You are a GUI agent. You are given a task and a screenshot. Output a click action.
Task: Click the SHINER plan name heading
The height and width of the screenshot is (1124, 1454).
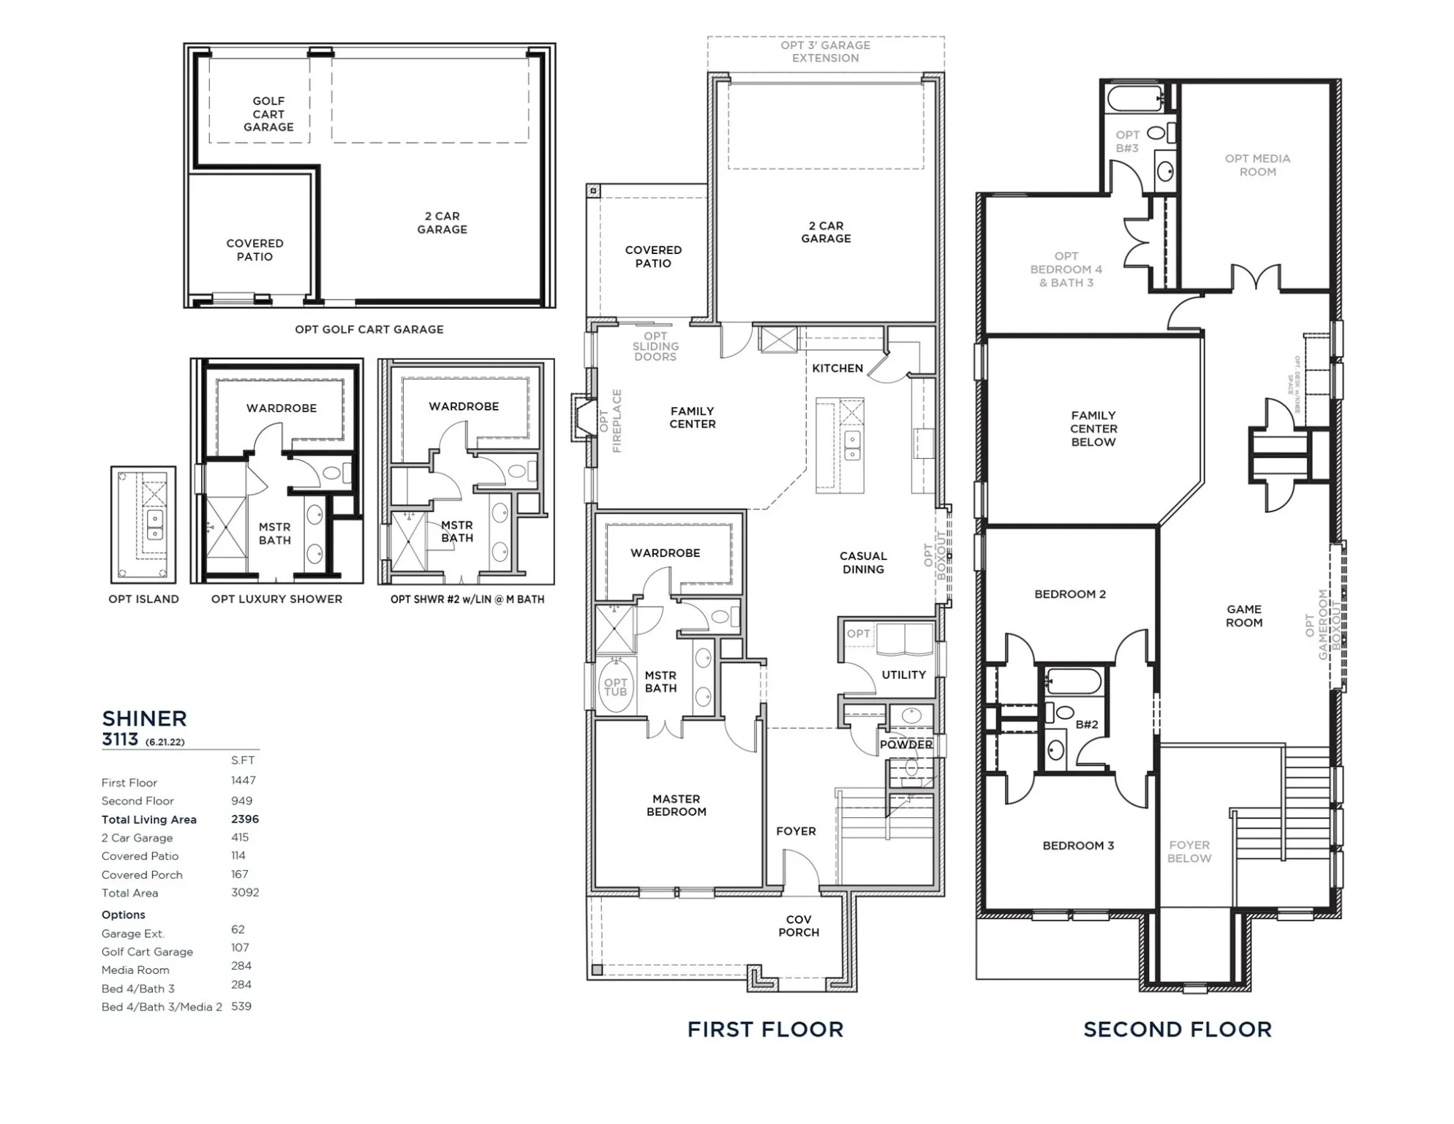point(144,719)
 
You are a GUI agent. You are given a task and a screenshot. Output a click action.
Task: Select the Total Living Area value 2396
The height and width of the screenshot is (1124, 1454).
point(245,819)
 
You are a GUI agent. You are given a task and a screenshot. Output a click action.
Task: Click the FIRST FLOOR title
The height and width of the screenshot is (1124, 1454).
point(765,1030)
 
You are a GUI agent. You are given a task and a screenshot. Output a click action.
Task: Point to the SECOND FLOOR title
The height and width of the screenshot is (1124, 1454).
point(1177,1030)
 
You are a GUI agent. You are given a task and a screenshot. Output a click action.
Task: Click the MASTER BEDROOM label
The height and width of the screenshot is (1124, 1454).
point(676,805)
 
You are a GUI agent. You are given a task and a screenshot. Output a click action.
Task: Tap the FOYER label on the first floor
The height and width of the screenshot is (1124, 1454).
point(796,831)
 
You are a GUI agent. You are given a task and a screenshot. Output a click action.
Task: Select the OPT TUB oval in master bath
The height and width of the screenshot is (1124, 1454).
point(615,687)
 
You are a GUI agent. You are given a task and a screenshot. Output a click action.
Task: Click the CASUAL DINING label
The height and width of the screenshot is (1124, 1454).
point(863,563)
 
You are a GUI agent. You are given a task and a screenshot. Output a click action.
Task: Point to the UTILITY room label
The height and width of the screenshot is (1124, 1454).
point(903,675)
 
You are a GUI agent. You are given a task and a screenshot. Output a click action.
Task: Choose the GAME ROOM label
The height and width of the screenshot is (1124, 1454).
point(1244,615)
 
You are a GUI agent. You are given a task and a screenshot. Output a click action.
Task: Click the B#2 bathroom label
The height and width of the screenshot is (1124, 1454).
point(1087,724)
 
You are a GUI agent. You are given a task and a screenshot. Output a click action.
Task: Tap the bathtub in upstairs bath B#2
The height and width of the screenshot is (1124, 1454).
point(1073,681)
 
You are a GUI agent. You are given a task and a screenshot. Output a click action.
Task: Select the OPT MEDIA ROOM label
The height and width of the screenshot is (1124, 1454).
point(1257,165)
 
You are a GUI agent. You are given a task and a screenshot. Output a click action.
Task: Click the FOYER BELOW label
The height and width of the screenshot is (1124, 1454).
point(1189,851)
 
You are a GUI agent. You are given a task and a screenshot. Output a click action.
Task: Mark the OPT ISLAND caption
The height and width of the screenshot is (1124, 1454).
point(143,599)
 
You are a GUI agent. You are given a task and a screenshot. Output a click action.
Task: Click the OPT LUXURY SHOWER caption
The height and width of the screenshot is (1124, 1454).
point(276,599)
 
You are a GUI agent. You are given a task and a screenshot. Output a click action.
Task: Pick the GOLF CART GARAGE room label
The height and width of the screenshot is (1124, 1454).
point(268,114)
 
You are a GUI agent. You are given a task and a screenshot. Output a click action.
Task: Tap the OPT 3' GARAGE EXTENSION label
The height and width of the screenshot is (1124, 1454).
point(825,51)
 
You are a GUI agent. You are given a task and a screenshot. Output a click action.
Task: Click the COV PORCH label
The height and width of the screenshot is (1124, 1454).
point(799,926)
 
